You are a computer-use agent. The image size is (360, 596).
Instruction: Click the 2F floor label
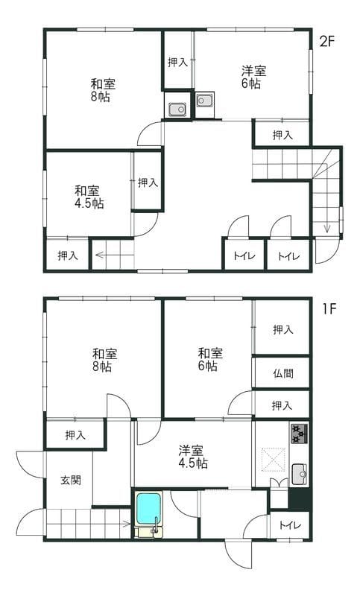328,41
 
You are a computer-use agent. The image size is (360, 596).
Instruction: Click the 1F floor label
330,308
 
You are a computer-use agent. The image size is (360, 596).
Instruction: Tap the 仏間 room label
282,373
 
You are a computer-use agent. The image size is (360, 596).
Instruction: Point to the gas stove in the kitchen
300,432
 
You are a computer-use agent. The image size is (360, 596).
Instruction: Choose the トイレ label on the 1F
289,525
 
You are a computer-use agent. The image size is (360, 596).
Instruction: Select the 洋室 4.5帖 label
192,457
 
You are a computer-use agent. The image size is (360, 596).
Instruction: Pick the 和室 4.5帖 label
88,196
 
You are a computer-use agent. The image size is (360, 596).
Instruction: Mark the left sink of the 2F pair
177,110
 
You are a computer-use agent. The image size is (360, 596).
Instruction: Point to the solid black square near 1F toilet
300,498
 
